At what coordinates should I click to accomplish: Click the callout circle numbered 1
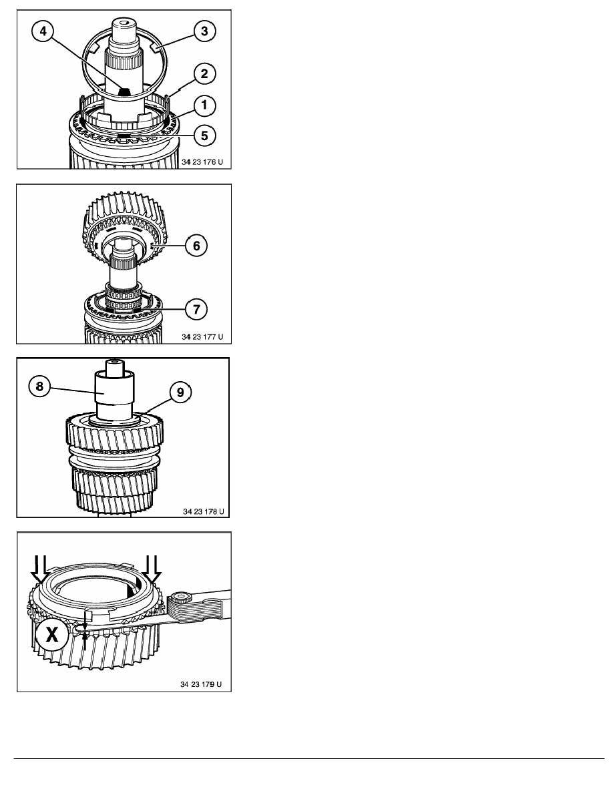[204, 105]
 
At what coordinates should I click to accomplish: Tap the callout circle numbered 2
[204, 73]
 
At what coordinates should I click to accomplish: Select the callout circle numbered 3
[204, 31]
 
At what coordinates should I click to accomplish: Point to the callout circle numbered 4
[43, 31]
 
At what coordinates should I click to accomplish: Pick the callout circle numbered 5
[204, 136]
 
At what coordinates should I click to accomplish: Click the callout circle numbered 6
[196, 246]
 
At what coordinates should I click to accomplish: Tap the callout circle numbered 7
[196, 308]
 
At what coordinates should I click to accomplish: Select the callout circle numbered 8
[39, 387]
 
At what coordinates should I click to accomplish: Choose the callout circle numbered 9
[180, 392]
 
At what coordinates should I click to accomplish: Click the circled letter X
[52, 633]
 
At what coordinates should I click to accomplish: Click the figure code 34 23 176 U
[202, 162]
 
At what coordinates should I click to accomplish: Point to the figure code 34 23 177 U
[202, 337]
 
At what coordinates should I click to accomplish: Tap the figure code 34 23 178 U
[203, 511]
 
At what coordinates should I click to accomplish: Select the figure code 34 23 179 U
[201, 684]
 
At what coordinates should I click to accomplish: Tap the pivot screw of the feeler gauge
[178, 599]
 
